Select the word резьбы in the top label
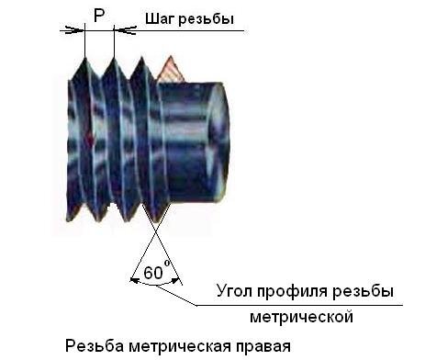209,20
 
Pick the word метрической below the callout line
302,317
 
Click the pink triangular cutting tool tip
170,68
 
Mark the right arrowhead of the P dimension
119,29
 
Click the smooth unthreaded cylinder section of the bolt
188,138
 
